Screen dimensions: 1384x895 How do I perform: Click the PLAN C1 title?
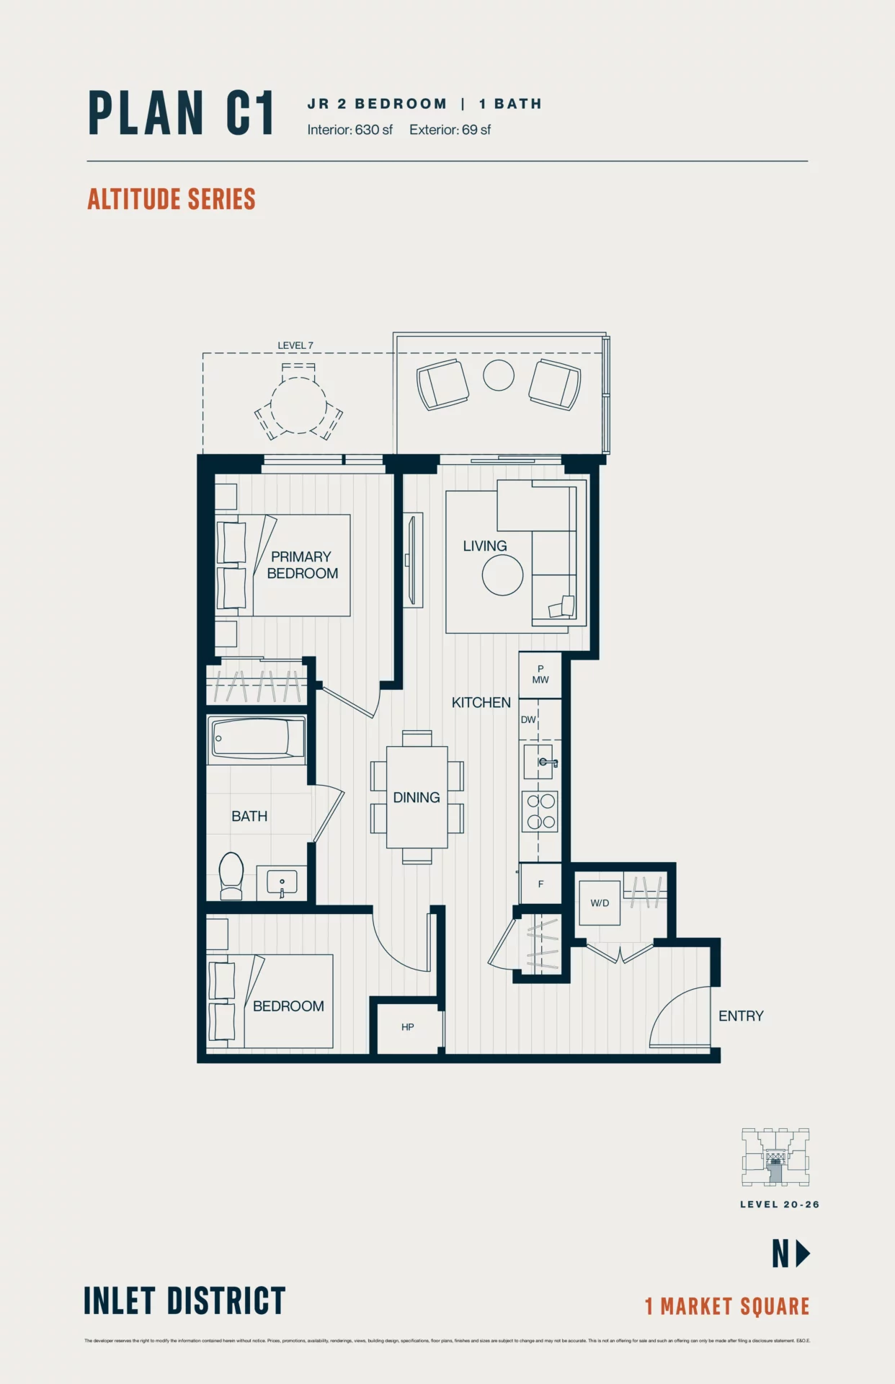pyautogui.click(x=181, y=113)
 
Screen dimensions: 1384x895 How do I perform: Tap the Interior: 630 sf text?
pyautogui.click(x=349, y=130)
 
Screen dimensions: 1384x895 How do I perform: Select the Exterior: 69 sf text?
pyautogui.click(x=450, y=130)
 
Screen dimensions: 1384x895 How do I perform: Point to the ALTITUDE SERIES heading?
pyautogui.click(x=172, y=199)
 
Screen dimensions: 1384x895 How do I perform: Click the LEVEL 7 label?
pyautogui.click(x=295, y=345)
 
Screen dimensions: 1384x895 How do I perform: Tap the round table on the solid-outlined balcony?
pyautogui.click(x=498, y=375)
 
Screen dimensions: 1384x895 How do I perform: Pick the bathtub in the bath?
pyautogui.click(x=257, y=739)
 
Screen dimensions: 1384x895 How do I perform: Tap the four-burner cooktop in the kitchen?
pyautogui.click(x=540, y=811)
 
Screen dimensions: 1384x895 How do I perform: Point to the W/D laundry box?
pyautogui.click(x=600, y=902)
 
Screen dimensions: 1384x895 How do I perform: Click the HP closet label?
pyautogui.click(x=407, y=1027)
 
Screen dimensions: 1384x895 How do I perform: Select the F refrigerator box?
pyautogui.click(x=540, y=884)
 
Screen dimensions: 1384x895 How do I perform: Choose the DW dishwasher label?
pyautogui.click(x=528, y=719)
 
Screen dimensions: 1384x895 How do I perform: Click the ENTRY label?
pyautogui.click(x=741, y=1016)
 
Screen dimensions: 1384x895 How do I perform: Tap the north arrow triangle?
pyautogui.click(x=802, y=1254)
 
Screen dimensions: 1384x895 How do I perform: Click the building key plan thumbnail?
pyautogui.click(x=775, y=1157)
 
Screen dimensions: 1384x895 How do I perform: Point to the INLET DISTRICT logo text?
pyautogui.click(x=184, y=1301)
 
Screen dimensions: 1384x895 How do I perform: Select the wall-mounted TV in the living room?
pyautogui.click(x=412, y=560)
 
